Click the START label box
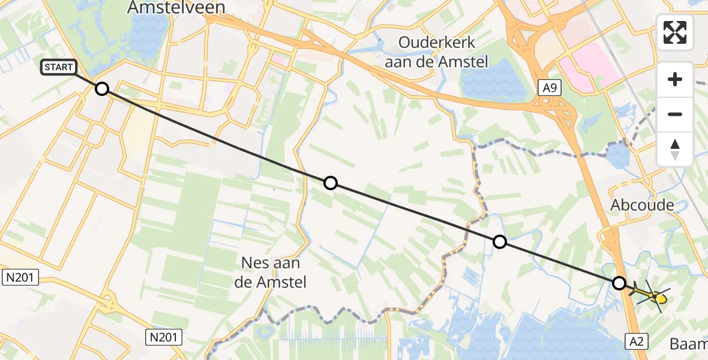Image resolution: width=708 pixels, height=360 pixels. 58,67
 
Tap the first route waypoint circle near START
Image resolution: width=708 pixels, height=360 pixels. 102,89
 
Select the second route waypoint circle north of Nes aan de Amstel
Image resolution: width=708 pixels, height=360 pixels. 331,183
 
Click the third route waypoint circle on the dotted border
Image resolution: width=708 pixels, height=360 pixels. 499,242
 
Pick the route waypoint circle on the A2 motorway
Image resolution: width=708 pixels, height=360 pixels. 619,283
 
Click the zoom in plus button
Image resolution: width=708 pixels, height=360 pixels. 675,79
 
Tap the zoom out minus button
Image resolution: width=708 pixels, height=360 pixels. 675,114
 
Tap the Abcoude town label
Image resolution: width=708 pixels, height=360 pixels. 642,205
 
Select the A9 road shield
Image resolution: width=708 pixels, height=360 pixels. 550,89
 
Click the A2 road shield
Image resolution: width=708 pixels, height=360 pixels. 638,341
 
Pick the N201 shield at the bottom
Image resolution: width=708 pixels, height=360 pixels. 162,337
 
